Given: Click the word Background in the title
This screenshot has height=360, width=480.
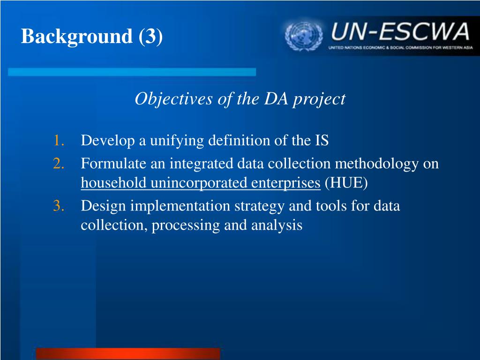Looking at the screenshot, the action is [x=77, y=37].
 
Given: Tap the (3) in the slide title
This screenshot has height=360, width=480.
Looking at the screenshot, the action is [x=150, y=37].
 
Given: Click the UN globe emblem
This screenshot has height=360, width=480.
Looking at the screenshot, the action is [x=304, y=36].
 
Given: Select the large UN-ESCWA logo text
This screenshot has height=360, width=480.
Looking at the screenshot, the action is [x=400, y=31].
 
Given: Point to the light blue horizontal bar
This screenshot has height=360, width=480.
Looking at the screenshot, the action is [x=132, y=72].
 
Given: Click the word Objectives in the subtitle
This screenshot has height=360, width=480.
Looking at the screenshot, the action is [x=174, y=99].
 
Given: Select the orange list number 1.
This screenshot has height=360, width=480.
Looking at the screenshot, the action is [x=59, y=141].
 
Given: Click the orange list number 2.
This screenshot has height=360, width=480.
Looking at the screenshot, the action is [x=59, y=164].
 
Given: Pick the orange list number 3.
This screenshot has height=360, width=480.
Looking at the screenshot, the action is [x=59, y=206].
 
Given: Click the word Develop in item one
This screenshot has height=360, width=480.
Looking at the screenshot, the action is [x=108, y=141].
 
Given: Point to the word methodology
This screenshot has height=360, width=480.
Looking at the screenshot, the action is [x=377, y=164].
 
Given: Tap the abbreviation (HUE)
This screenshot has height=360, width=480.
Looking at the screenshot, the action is [x=346, y=183].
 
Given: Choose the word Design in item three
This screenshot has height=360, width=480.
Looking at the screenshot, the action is [x=104, y=206].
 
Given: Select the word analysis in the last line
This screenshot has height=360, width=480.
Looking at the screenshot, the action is [x=277, y=225].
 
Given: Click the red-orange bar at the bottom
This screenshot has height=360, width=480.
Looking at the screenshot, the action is [x=128, y=353].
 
